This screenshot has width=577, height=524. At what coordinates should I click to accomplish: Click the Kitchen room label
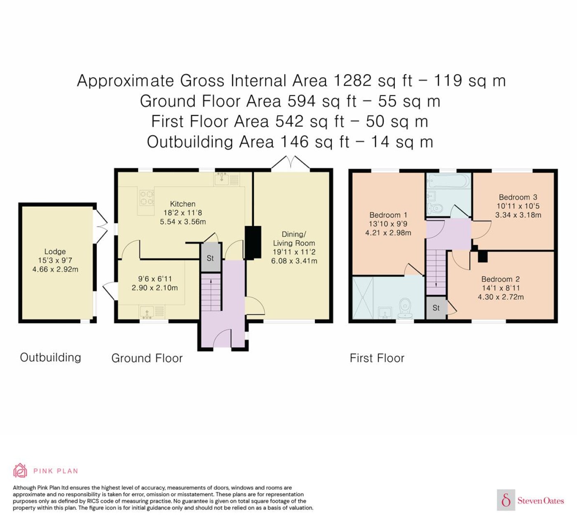coord(183,204)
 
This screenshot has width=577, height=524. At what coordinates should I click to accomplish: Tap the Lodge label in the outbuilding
coord(55,252)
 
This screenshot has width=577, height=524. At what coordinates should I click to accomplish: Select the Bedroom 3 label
coord(518,197)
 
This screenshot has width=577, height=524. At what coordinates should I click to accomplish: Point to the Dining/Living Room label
coord(294,238)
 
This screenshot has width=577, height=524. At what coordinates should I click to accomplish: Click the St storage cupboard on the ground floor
coord(211,258)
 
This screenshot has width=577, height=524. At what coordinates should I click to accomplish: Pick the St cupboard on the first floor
coord(436,308)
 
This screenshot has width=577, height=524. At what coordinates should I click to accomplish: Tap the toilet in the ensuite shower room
coord(406,308)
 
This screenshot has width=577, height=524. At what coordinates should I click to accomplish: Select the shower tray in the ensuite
coord(363,298)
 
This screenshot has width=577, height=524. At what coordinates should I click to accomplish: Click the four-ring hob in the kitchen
coord(147,198)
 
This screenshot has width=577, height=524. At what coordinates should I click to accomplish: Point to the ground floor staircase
coord(211,292)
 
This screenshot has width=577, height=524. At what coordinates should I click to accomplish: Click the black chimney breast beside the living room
coord(253,242)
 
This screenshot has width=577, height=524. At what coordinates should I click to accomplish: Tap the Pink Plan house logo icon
coord(20,471)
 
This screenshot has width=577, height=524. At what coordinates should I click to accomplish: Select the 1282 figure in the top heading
coord(352,80)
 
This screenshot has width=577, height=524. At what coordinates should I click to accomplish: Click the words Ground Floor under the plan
coord(147,359)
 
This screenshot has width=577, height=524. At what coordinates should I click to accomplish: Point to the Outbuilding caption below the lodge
coord(51,357)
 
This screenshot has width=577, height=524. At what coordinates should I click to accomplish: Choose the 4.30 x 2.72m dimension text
coord(501,297)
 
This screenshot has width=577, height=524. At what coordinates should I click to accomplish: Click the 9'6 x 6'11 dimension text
coord(155,279)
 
